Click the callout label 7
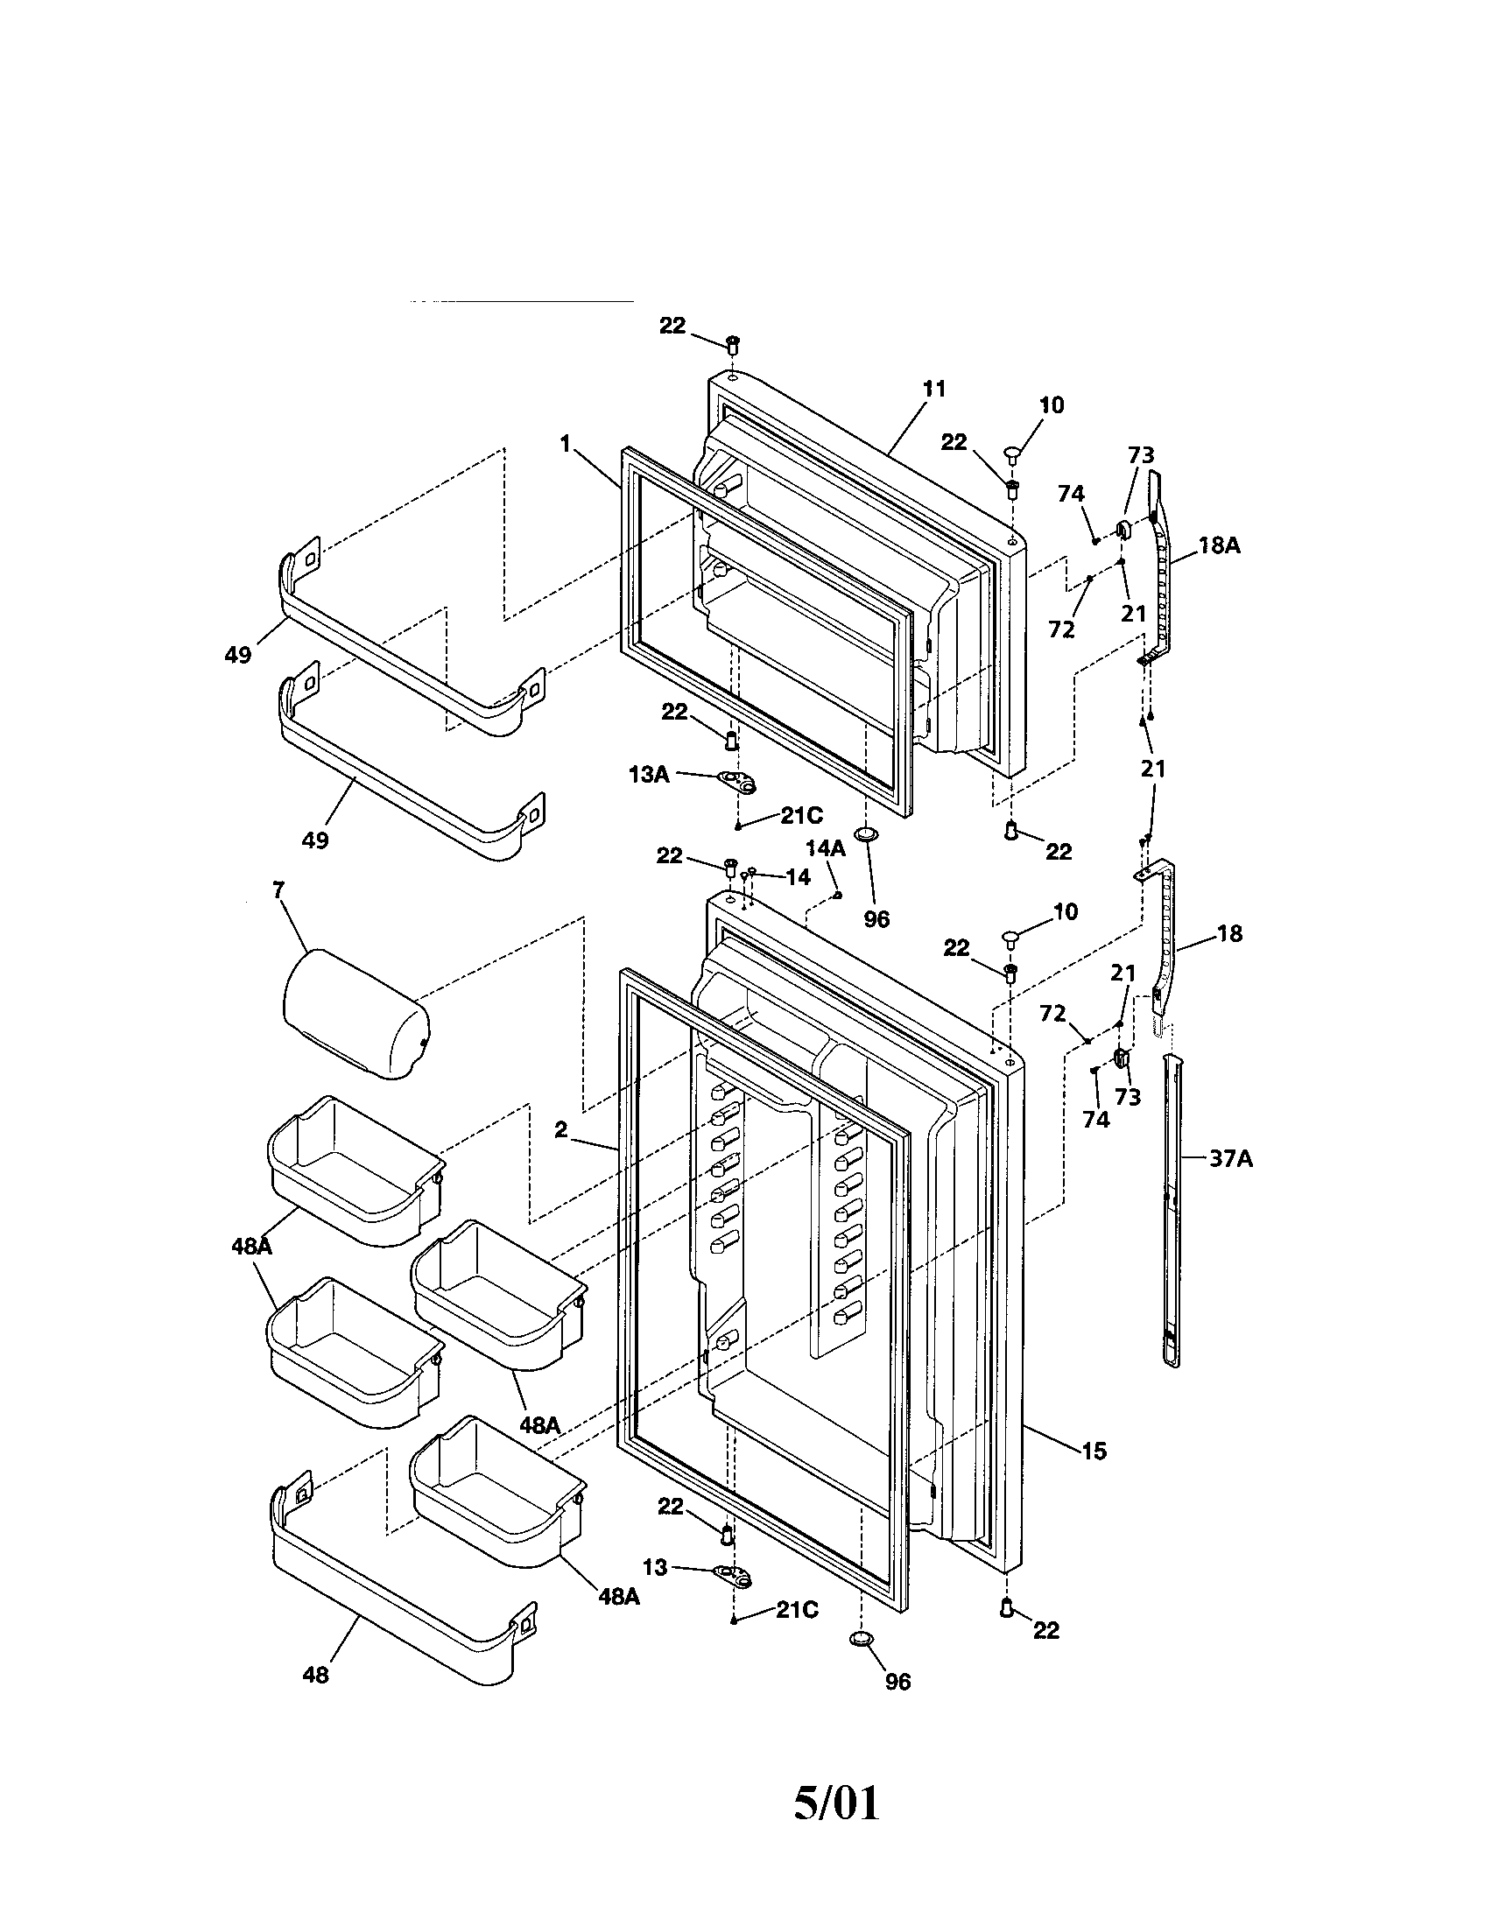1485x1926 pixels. (x=278, y=890)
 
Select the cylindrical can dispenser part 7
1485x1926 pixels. (x=357, y=1014)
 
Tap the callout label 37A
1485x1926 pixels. (x=1230, y=1159)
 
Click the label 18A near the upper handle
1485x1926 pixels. (x=1219, y=546)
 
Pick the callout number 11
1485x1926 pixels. (x=934, y=389)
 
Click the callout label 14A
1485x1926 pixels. (x=825, y=848)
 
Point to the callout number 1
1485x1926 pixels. (x=566, y=444)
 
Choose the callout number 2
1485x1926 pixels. (x=561, y=1129)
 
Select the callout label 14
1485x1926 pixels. (x=797, y=877)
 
